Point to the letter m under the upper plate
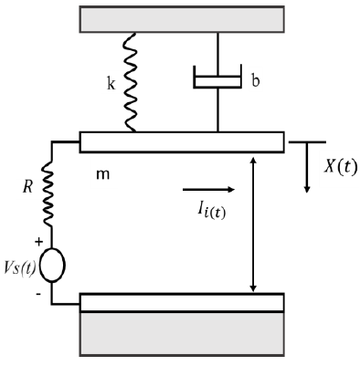101,173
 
